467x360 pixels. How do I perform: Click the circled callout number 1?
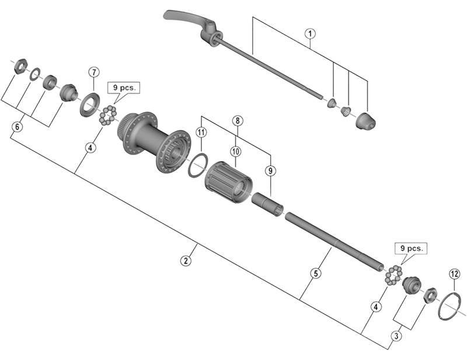coord(309,33)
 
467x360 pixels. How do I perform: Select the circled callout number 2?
coord(186,261)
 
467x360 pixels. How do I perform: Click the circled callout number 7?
coord(93,72)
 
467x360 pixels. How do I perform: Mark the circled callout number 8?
coord(236,121)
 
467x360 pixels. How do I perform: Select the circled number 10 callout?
coord(236,151)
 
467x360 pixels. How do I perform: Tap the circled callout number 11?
coord(201,132)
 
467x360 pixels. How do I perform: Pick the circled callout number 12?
coord(454,274)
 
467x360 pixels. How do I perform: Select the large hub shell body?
coord(155,140)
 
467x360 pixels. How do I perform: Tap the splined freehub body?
coord(228,181)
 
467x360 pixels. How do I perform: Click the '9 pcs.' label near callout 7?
coord(123,88)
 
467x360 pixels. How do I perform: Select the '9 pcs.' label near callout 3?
coord(411,248)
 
